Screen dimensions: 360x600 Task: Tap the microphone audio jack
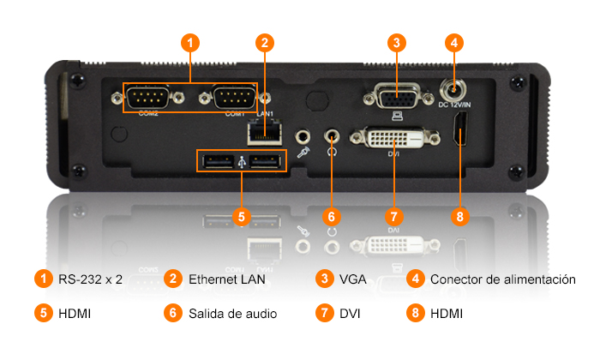302,135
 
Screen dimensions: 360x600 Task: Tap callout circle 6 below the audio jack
333,216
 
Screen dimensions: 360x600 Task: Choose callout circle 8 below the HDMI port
459,216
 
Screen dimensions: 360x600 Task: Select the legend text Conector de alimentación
502,279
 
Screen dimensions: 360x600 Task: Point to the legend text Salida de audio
232,314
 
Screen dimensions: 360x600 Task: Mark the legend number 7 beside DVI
323,314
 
